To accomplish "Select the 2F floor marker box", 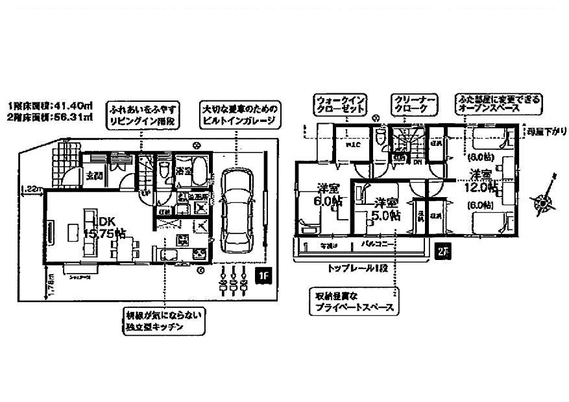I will point(442,252).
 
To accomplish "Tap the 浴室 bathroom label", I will point(186,171).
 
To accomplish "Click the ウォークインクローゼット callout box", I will point(341,105).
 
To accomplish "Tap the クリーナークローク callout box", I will point(414,105).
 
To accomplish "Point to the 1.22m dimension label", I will point(30,189).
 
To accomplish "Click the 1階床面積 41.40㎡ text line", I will point(50,106).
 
